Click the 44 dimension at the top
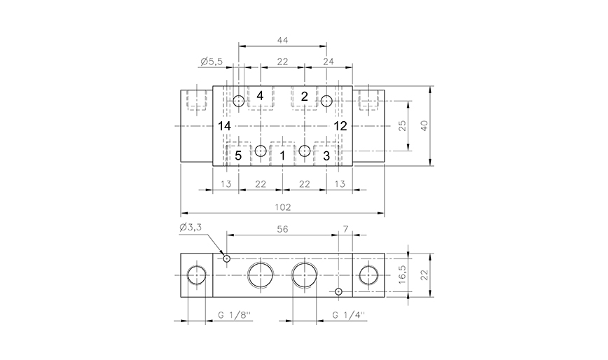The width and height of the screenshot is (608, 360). [282, 41]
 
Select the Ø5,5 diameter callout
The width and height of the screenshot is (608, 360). [211, 62]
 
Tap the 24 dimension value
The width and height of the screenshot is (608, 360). [329, 62]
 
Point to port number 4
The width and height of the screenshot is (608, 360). [260, 95]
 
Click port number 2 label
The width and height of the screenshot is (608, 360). [304, 96]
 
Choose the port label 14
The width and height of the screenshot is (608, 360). [223, 125]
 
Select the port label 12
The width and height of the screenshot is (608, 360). [340, 125]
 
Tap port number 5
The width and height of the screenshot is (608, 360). [238, 155]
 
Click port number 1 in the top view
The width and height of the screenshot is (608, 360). [282, 155]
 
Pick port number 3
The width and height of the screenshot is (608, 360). [326, 155]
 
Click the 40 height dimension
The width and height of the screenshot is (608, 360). [423, 125]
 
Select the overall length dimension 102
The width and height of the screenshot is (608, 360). [282, 207]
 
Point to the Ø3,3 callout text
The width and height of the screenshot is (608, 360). [190, 227]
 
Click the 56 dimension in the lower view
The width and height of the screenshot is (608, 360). [282, 230]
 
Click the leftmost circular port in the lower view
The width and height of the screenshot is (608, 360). [197, 276]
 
